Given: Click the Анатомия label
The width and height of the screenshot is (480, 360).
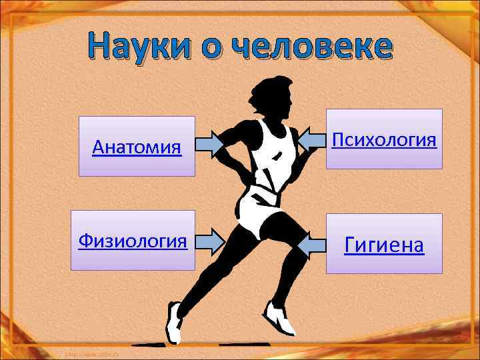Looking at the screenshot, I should pyautogui.click(x=137, y=146).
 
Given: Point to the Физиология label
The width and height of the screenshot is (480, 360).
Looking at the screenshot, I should pyautogui.click(x=132, y=240).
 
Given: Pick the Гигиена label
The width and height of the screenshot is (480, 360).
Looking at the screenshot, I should pyautogui.click(x=383, y=245).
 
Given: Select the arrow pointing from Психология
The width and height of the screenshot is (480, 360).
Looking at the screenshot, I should pyautogui.click(x=310, y=139).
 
